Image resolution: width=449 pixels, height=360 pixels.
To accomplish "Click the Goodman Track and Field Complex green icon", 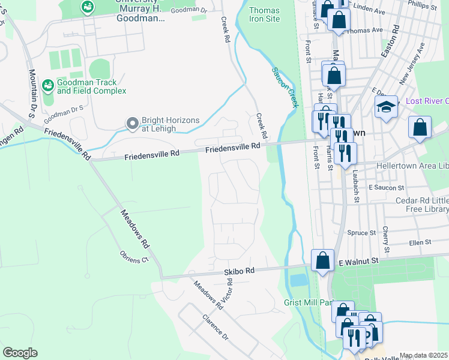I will tap(47, 86).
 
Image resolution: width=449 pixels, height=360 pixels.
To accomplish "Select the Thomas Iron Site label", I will tap(264, 14).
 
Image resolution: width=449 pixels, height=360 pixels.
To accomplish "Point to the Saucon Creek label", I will tap(285, 88).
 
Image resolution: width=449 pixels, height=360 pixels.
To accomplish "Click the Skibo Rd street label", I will tap(240, 271).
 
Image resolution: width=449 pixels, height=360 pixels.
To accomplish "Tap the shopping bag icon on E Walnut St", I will tap(322, 261).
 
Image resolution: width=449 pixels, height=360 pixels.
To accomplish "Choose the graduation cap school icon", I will tap(386, 107).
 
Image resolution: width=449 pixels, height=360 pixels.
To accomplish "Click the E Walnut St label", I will tap(360, 261).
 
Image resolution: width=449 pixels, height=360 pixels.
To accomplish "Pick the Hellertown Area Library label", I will tap(412, 165).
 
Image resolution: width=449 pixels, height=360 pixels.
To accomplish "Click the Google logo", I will tap(20, 353).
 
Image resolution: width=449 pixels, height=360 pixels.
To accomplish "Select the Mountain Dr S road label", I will tap(32, 92).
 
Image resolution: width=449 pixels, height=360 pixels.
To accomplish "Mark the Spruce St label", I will tap(361, 232).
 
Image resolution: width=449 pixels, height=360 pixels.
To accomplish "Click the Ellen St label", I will tap(420, 242).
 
